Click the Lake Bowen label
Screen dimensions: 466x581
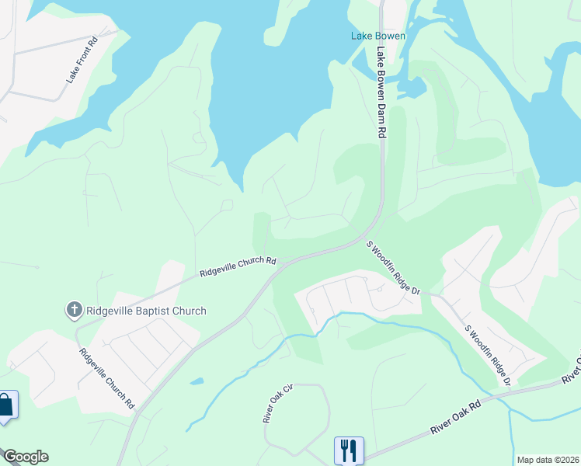tap(377, 36)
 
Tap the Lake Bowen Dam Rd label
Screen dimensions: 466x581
tap(381, 93)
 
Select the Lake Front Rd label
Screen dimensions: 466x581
tap(81, 61)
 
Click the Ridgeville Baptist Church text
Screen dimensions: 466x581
tap(146, 311)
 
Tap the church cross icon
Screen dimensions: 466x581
tap(75, 311)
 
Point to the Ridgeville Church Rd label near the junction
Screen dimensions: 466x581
tap(238, 266)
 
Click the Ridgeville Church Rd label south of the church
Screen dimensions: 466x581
tap(107, 379)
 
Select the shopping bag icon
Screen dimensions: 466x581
tap(6, 405)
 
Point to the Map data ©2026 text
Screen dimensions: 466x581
tap(547, 460)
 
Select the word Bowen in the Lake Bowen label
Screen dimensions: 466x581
tap(390, 36)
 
